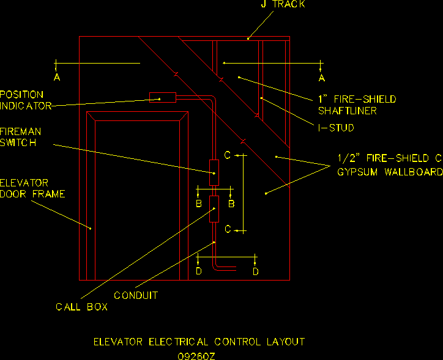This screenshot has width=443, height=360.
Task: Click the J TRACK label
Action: click(282, 4)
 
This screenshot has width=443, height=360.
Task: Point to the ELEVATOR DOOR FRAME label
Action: click(32, 188)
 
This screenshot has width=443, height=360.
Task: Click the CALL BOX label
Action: click(81, 307)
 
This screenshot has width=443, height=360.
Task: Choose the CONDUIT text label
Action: click(136, 295)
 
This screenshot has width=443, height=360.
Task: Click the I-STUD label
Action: click(336, 128)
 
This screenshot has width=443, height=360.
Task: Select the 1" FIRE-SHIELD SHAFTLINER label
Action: click(356, 105)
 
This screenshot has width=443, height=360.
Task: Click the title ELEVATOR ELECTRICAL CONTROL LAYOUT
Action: click(199, 342)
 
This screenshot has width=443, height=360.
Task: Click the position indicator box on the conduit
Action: click(163, 97)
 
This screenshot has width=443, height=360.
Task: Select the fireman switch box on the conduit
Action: click(214, 172)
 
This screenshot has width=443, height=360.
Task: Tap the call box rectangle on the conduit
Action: click(214, 210)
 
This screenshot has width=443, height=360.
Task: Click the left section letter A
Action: click(57, 78)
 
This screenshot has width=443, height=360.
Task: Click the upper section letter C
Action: click(228, 155)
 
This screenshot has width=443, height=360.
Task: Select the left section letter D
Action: click(198, 271)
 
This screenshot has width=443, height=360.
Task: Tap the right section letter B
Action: click(231, 204)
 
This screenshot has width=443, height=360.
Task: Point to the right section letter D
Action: click(256, 271)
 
